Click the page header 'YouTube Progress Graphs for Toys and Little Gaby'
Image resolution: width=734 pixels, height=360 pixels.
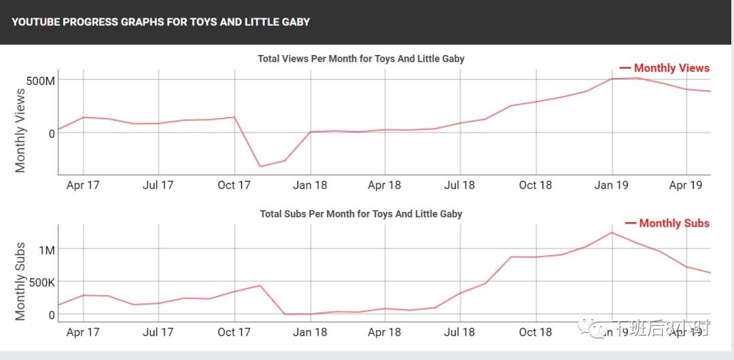(x=160, y=22)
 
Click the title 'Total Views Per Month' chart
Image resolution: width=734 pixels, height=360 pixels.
(x=361, y=58)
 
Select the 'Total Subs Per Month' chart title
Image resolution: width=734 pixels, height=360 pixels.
(x=361, y=213)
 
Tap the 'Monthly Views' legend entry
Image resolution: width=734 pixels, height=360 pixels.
(x=665, y=68)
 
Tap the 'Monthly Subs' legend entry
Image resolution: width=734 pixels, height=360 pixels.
(x=667, y=223)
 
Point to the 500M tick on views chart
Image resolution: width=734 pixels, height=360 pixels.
(x=40, y=82)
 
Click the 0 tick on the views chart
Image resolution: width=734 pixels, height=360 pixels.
(x=51, y=133)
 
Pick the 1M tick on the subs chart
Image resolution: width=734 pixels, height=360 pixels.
(x=46, y=250)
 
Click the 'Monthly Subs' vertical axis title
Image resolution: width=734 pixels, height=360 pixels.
(x=20, y=281)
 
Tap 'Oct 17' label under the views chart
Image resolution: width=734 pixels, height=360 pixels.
(x=234, y=185)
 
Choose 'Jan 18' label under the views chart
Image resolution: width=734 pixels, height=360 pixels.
(x=311, y=185)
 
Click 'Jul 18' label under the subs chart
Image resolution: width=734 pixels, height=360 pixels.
(x=459, y=332)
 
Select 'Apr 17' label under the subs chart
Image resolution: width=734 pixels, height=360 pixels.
(x=83, y=332)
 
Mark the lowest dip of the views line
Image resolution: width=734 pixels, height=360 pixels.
(x=260, y=166)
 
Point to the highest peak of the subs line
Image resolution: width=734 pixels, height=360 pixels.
(x=612, y=232)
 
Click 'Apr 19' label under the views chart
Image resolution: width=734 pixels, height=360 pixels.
(x=686, y=185)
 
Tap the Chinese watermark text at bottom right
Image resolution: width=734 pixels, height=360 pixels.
(x=659, y=330)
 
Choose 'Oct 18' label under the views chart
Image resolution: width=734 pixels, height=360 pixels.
(x=536, y=185)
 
